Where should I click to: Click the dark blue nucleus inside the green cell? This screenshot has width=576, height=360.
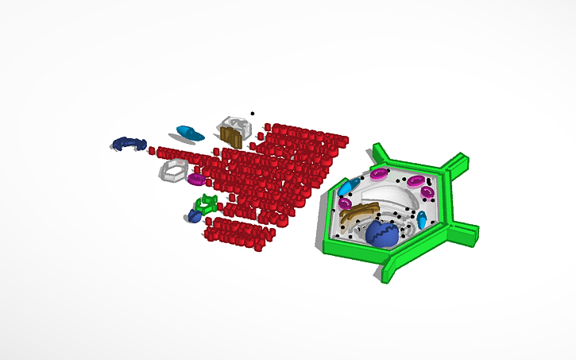(384, 233)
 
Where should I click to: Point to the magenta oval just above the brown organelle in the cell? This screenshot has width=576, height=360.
(346, 203)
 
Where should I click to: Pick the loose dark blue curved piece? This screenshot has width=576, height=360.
(128, 143)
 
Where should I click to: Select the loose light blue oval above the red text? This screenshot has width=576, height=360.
(189, 131)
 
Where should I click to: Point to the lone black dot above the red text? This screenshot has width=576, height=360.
(253, 114)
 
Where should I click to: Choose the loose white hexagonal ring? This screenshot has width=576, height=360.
(175, 170)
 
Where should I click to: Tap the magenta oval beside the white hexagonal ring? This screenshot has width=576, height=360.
(197, 179)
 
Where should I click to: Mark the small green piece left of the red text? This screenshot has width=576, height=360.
(207, 203)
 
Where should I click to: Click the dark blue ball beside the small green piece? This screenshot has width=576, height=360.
(194, 215)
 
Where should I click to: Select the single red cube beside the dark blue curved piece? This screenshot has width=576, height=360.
(152, 149)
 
